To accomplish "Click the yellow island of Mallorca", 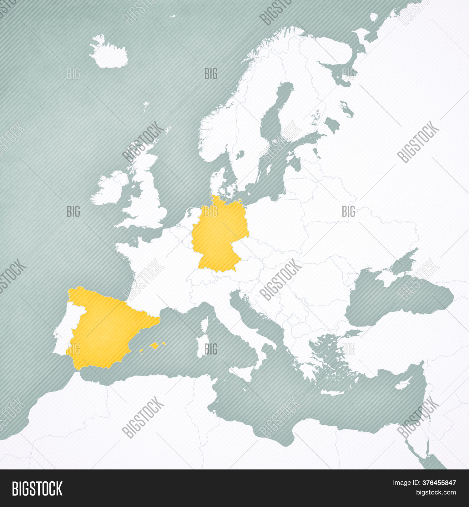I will pos(154,346).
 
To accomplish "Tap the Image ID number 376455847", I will pos(439,483).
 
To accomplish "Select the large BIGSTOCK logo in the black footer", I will pos(37,489).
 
